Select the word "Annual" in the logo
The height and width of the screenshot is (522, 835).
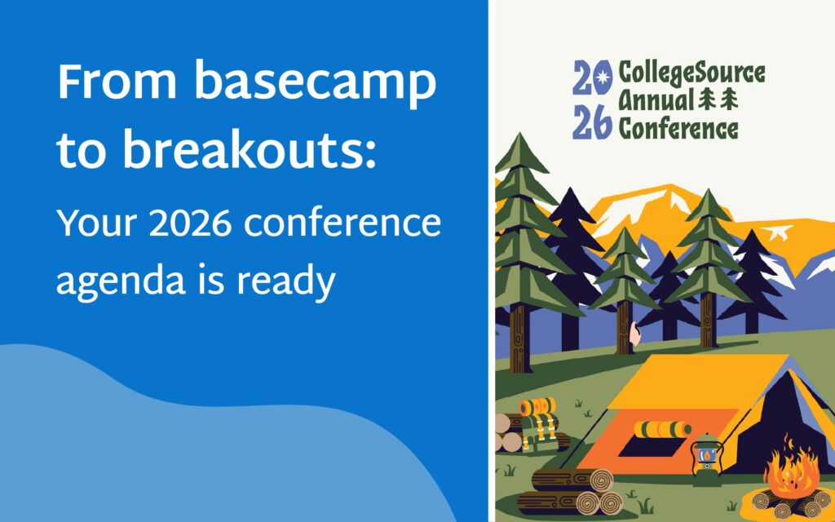pos(655,101)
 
